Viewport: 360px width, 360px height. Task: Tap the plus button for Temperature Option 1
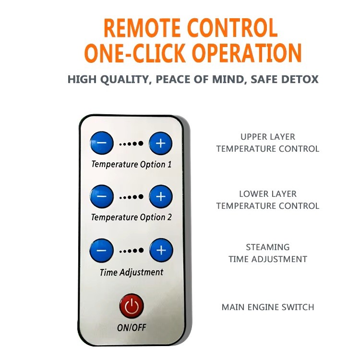(x=160, y=143)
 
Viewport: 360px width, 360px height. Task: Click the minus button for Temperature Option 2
(x=102, y=196)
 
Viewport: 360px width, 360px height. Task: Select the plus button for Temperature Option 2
(x=161, y=196)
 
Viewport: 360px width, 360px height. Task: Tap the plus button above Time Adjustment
(x=161, y=250)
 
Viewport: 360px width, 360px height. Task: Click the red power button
(x=132, y=306)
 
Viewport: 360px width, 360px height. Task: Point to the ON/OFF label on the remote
(x=132, y=327)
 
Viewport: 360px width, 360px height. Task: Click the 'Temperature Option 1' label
(x=132, y=164)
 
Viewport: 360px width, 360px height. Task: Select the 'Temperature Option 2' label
(x=132, y=217)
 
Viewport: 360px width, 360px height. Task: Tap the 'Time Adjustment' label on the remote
(x=132, y=272)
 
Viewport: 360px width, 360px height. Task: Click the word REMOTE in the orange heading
(x=142, y=28)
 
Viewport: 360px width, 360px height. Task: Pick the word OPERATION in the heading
(x=247, y=53)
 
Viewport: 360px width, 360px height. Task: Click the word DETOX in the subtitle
(x=300, y=79)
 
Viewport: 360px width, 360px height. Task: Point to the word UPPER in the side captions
(x=253, y=137)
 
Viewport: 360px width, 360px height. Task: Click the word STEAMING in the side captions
(x=268, y=247)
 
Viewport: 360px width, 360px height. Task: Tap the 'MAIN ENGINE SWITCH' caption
(x=268, y=307)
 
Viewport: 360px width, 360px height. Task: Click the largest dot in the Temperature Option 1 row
(x=141, y=144)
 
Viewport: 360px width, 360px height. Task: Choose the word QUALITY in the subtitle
(x=125, y=79)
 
